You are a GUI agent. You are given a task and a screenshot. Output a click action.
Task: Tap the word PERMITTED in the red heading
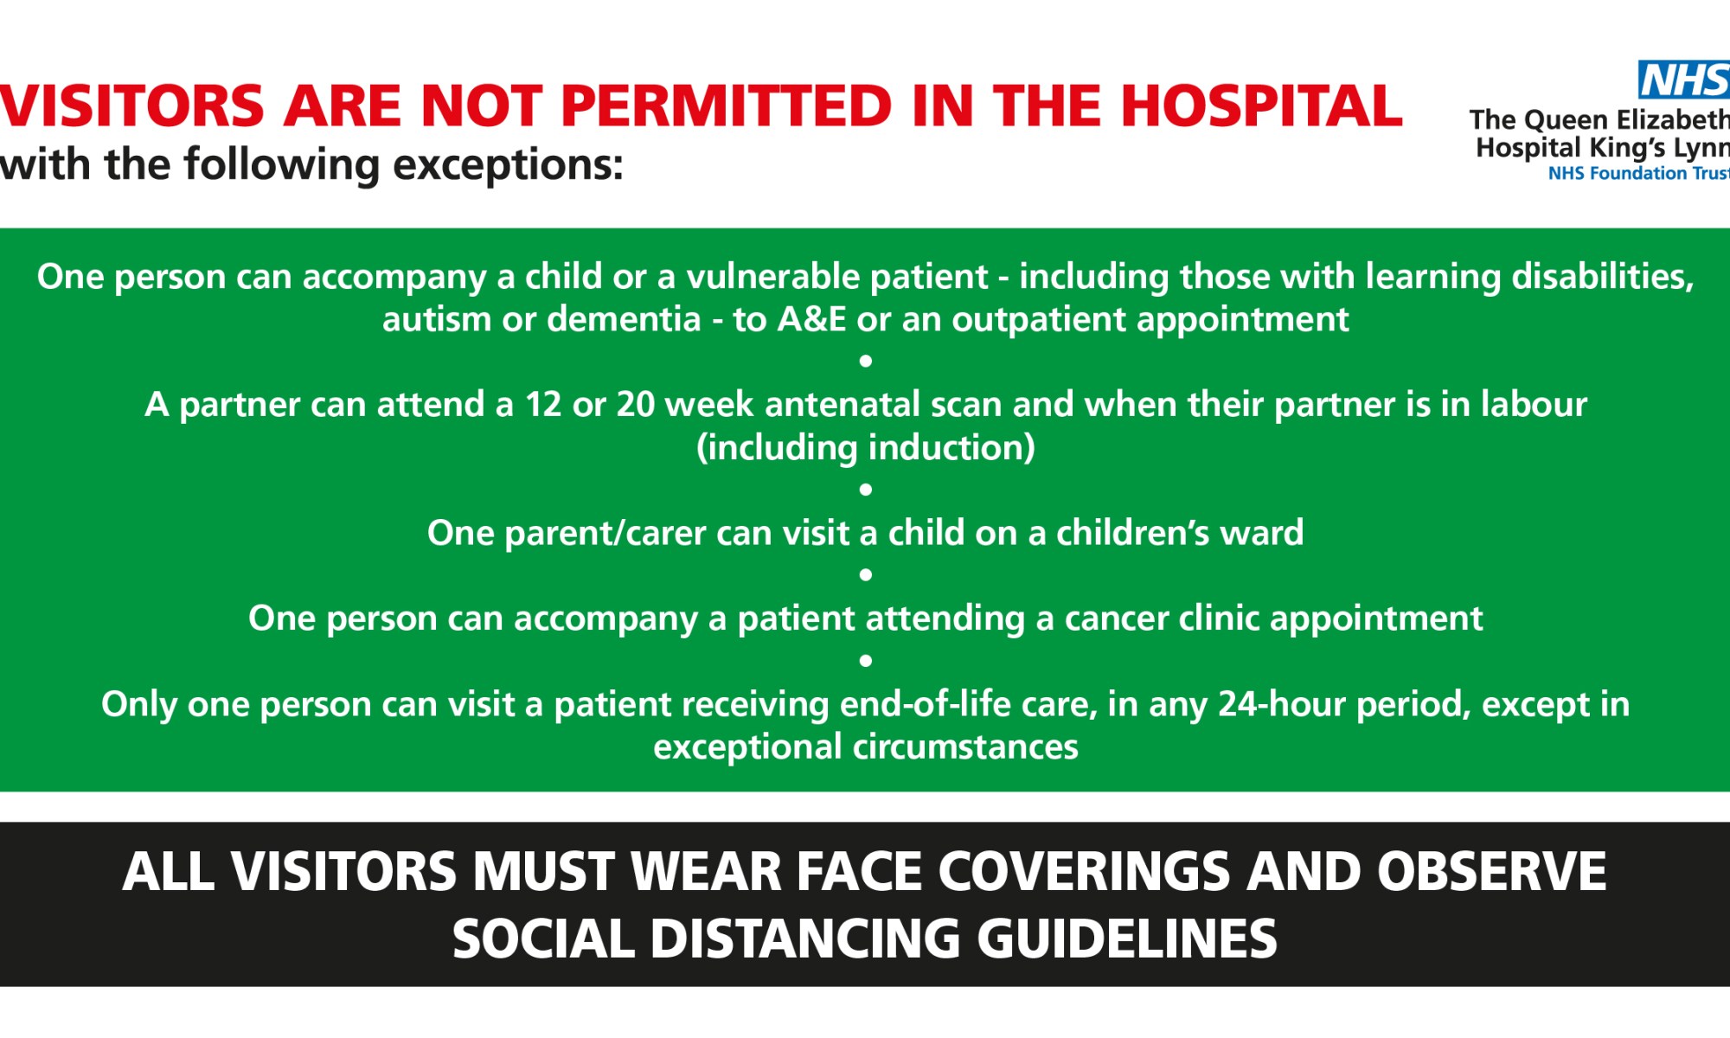coord(726,106)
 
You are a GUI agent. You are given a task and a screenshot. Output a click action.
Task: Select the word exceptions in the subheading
coord(508,164)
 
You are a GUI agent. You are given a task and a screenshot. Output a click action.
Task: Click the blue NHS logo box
coord(1683,80)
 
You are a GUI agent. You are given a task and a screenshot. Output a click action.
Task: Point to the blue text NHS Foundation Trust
coord(1637,173)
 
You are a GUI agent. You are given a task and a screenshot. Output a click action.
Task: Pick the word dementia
coord(624,319)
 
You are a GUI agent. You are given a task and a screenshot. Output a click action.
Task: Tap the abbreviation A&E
coord(811,319)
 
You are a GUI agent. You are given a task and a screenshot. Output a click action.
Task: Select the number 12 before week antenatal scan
coord(543,404)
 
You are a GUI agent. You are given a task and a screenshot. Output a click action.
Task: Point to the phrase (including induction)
coord(865,447)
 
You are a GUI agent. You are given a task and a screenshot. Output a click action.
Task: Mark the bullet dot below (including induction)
coord(865,490)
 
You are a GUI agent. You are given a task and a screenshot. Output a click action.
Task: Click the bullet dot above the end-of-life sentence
coord(865,661)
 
